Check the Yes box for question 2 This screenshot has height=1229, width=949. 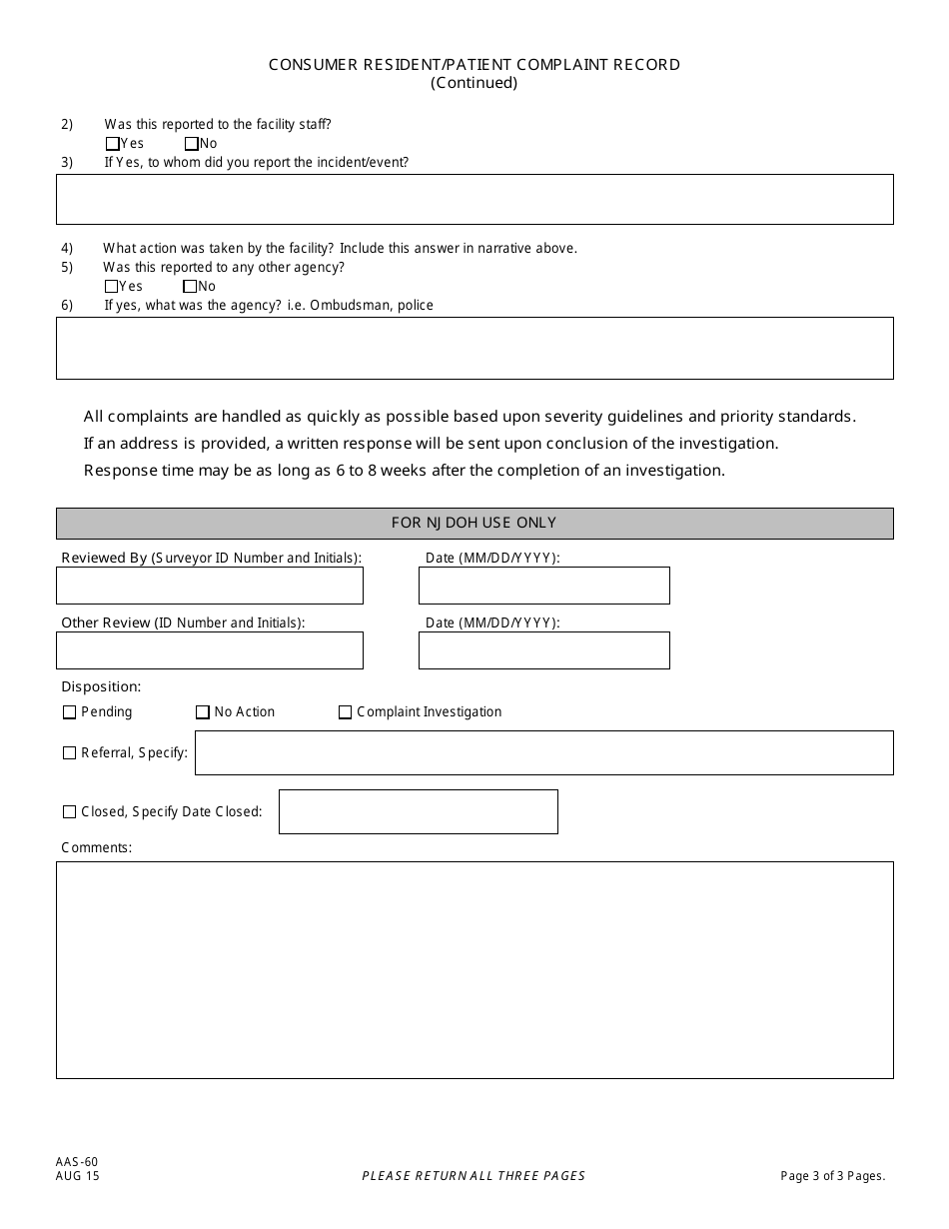pos(112,144)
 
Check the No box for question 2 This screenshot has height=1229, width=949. pos(192,144)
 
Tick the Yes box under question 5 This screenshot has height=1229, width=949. pos(111,287)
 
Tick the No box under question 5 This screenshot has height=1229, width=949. pos(190,287)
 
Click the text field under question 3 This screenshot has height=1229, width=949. pos(474,200)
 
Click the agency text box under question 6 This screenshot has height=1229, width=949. pos(474,348)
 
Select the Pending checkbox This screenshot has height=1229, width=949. pos(69,712)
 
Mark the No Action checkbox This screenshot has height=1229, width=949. pos(203,712)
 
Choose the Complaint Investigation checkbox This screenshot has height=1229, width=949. pos(345,712)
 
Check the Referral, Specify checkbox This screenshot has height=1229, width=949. pos(69,753)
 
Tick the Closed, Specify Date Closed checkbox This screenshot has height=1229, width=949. pos(69,812)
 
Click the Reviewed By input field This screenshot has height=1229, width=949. pos(210,586)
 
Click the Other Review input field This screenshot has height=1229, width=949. pos(210,650)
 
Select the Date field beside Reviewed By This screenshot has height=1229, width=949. pos(543,586)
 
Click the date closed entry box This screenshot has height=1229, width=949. pos(418,811)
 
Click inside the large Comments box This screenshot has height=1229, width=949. pos(474,969)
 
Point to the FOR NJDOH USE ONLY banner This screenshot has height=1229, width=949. pos(474,523)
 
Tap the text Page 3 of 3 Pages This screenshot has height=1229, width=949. pos(832,1176)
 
